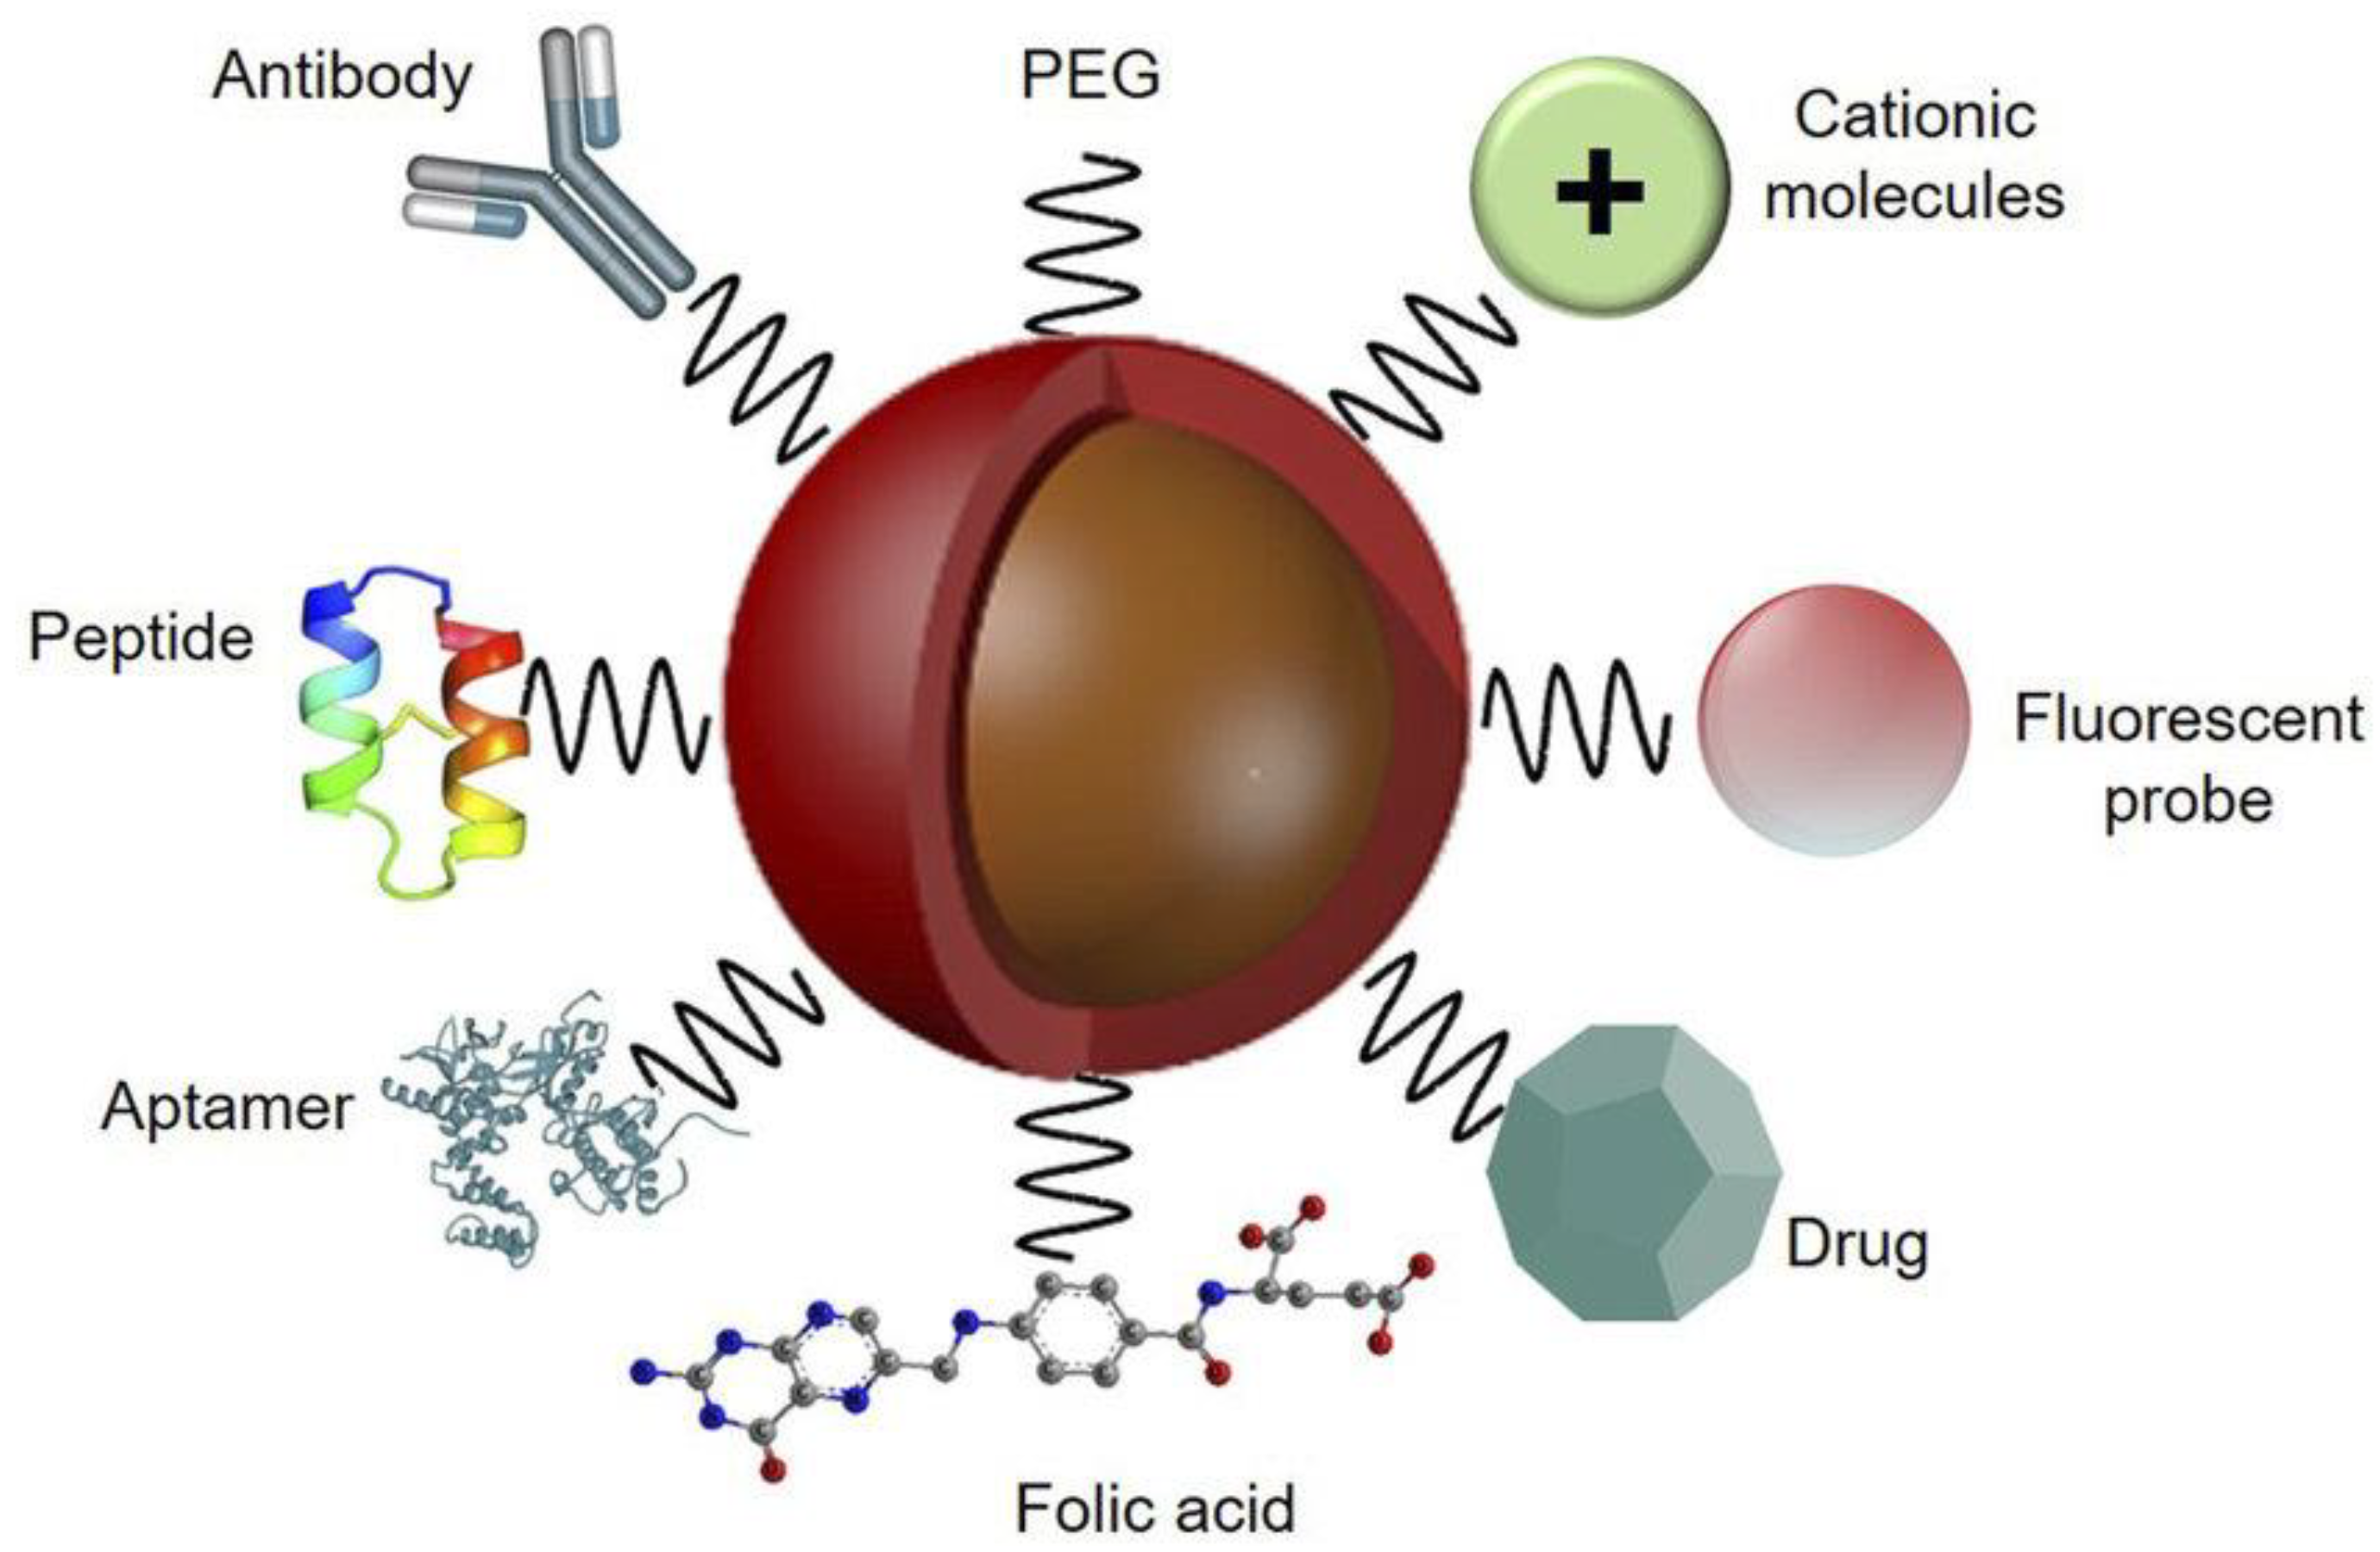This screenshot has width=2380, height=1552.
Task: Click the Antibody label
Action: pyautogui.click(x=342, y=78)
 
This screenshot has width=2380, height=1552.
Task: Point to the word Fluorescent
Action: pyautogui.click(x=2188, y=719)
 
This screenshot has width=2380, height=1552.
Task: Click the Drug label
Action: pyautogui.click(x=1857, y=1245)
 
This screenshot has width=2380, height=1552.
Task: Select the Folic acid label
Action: pyautogui.click(x=1155, y=1508)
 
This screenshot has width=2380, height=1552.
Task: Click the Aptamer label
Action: pyautogui.click(x=227, y=1108)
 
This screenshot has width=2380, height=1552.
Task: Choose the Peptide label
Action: pyautogui.click(x=141, y=638)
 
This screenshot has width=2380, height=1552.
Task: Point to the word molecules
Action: pyautogui.click(x=1914, y=196)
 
